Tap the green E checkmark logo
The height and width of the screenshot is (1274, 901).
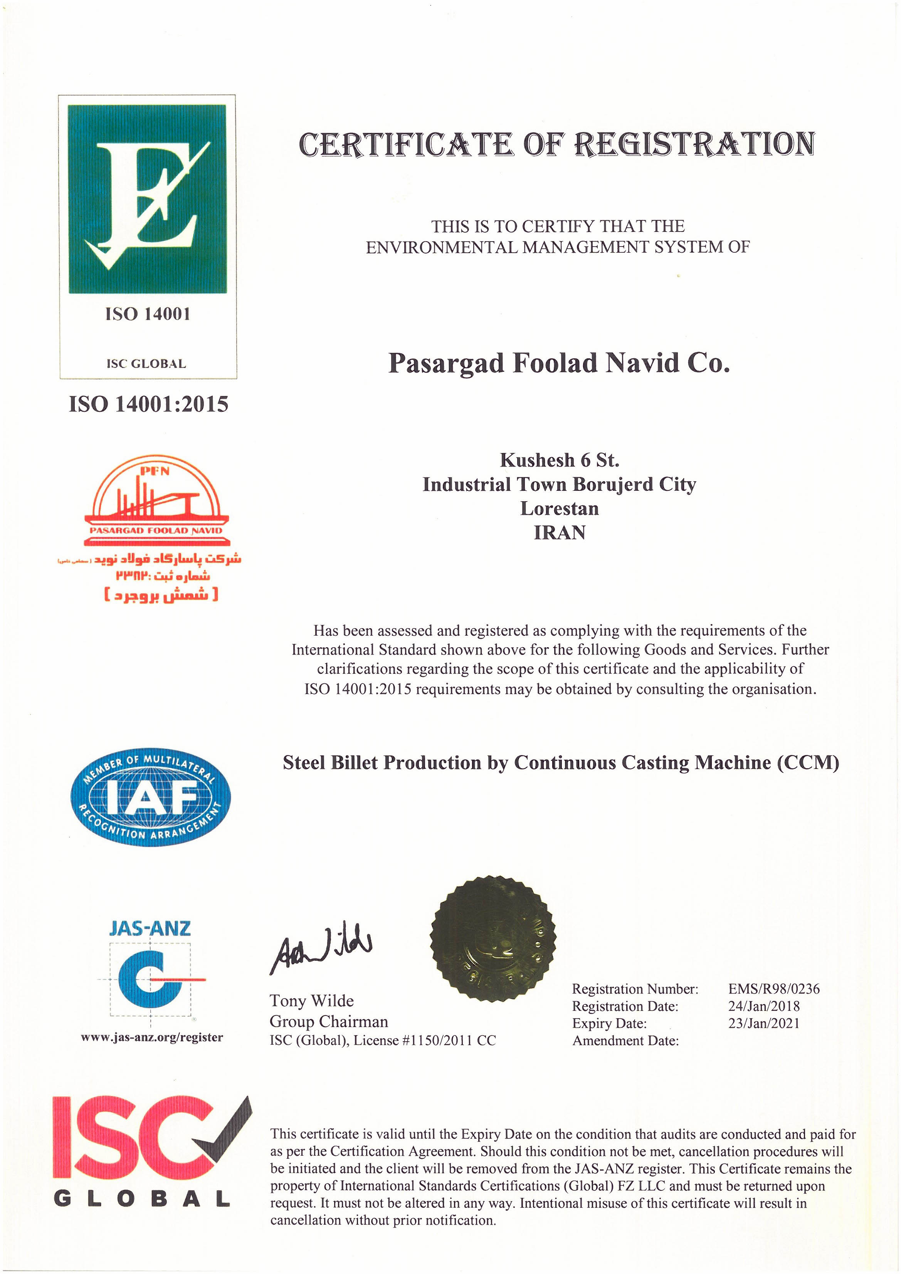point(147,199)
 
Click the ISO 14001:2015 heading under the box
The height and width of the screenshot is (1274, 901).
point(148,404)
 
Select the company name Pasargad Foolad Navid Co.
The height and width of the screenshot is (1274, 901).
point(558,363)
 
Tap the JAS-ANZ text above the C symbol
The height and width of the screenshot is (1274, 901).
point(150,928)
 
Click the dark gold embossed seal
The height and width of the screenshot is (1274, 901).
point(493,938)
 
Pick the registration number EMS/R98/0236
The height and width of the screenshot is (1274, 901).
point(773,988)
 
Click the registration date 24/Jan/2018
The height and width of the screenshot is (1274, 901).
point(763,1006)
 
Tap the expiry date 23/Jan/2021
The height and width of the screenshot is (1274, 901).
point(763,1023)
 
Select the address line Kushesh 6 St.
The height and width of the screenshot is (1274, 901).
point(559,460)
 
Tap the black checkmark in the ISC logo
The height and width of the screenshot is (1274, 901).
point(222,1128)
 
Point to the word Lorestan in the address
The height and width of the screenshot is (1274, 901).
point(559,508)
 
